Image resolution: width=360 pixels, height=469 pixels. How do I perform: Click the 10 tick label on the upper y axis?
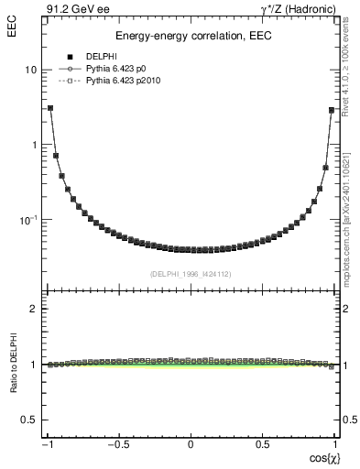pyautogui.click(x=30, y=71)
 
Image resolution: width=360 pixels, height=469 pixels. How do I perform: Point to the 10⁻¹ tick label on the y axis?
pyautogui.click(x=28, y=220)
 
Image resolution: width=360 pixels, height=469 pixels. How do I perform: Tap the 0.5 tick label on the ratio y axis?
pyautogui.click(x=29, y=420)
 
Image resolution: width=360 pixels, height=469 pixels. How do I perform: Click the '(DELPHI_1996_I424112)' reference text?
pyautogui.click(x=191, y=273)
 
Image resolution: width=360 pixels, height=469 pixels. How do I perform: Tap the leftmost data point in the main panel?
pyautogui.click(x=49, y=108)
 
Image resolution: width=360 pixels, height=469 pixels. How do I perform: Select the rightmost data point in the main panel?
pyautogui.click(x=332, y=110)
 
